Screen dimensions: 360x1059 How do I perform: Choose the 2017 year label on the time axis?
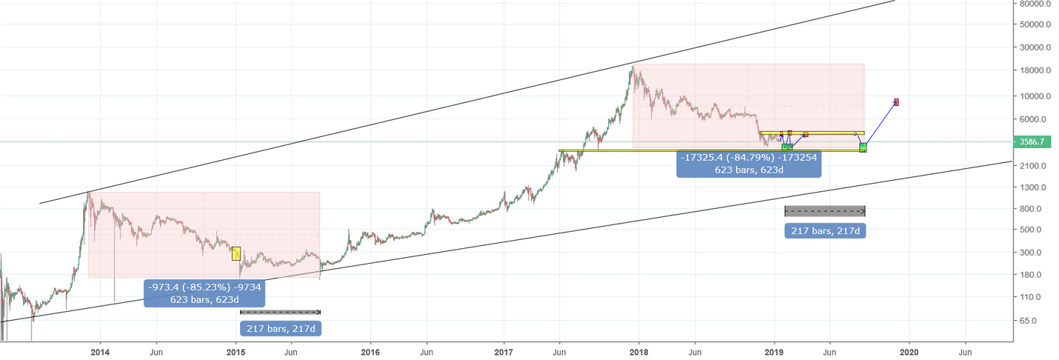[504, 352]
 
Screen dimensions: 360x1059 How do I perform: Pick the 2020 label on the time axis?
[909, 352]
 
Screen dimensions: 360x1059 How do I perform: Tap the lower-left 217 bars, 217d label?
[281, 328]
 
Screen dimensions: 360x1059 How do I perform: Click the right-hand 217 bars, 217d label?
[825, 230]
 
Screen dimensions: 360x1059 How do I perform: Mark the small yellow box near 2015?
[236, 253]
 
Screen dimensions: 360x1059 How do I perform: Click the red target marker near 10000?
[896, 101]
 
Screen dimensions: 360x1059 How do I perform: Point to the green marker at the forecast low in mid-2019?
[863, 147]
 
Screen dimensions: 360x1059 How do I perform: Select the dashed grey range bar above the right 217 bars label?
[824, 211]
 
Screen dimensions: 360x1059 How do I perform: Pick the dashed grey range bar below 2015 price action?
[280, 312]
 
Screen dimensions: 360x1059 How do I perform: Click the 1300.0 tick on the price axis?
[1031, 187]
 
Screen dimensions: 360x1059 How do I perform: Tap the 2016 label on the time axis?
[370, 352]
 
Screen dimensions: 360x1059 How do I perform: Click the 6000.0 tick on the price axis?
[1031, 119]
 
